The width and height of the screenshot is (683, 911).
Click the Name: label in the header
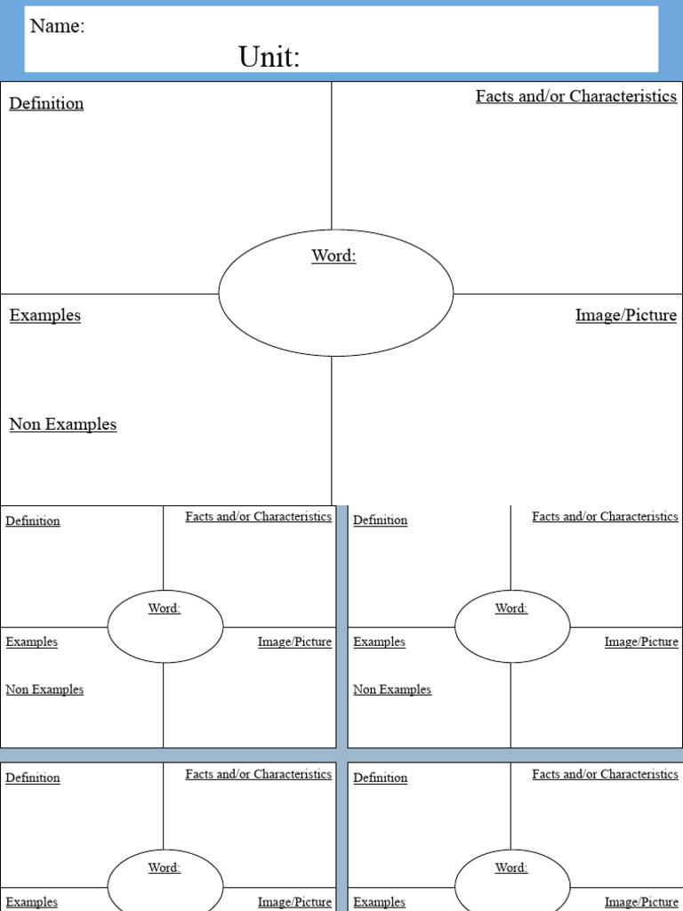tap(57, 26)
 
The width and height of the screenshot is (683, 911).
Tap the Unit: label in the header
tap(269, 58)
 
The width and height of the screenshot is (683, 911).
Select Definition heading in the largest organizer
tap(46, 103)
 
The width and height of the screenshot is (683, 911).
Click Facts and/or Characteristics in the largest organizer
tap(575, 96)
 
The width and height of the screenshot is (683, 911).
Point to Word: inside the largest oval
tap(333, 255)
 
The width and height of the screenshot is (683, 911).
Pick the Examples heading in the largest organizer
tap(44, 315)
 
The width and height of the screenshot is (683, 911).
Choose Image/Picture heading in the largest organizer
tap(625, 315)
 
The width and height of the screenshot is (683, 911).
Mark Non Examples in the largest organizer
tap(62, 424)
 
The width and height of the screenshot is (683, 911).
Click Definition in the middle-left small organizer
tap(33, 520)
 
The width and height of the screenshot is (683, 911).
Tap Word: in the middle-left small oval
tap(164, 608)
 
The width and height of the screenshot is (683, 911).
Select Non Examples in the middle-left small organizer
tap(44, 689)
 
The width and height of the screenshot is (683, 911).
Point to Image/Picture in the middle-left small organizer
tap(294, 641)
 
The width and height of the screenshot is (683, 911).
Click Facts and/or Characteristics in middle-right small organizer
tap(605, 516)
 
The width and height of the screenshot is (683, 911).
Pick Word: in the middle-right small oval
tap(510, 608)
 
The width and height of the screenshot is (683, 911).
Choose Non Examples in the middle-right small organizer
tap(392, 689)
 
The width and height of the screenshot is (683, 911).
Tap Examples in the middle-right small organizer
tap(379, 641)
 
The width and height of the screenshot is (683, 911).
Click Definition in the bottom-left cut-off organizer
tap(33, 778)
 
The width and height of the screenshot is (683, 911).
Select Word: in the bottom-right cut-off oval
tap(510, 867)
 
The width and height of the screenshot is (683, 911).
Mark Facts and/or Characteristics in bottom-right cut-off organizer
tap(605, 774)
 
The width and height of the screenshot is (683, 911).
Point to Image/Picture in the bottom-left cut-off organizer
tap(294, 902)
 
